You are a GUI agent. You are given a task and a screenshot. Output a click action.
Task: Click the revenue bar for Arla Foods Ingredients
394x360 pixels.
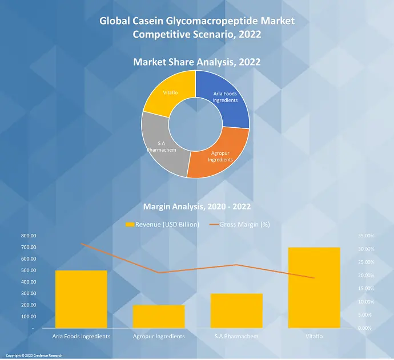81,299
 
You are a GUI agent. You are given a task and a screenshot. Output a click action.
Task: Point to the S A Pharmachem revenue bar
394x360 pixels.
236,311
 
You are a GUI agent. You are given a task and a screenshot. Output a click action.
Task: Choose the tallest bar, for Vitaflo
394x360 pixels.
314,288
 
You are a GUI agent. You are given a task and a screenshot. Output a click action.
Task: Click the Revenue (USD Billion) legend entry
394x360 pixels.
163,225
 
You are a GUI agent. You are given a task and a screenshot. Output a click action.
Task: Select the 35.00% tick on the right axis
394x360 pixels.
366,236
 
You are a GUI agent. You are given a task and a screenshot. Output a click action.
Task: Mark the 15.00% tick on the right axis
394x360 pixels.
366,289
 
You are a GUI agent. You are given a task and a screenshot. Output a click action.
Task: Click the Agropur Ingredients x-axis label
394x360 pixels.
158,337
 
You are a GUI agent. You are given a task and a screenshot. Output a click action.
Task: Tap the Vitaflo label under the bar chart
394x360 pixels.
314,337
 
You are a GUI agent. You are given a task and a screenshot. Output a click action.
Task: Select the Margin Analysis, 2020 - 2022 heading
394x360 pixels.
196,207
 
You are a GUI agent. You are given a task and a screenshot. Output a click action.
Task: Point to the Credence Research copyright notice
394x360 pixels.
34,356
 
